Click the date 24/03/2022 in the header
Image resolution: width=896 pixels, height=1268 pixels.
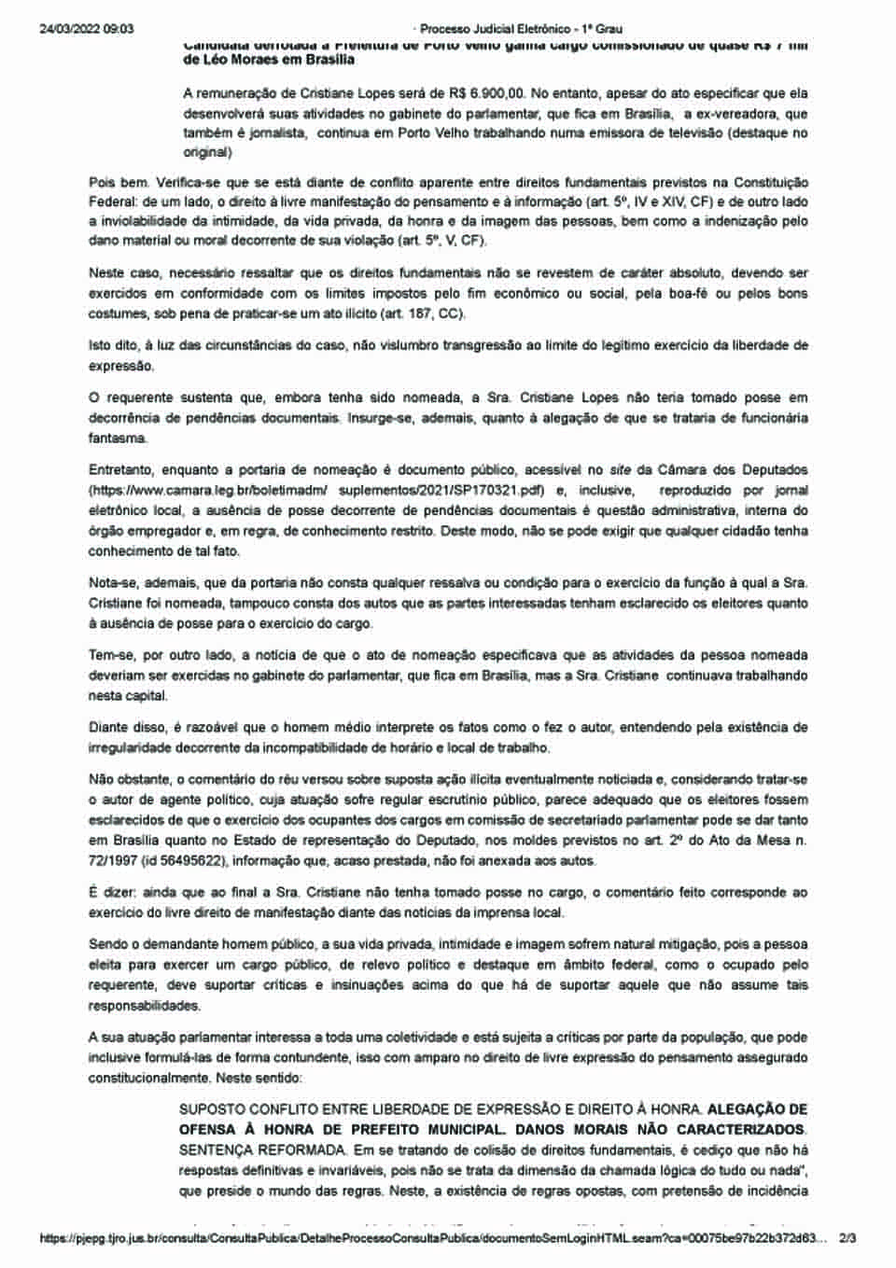(71, 29)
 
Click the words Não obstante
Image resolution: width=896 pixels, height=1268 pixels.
(129, 778)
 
